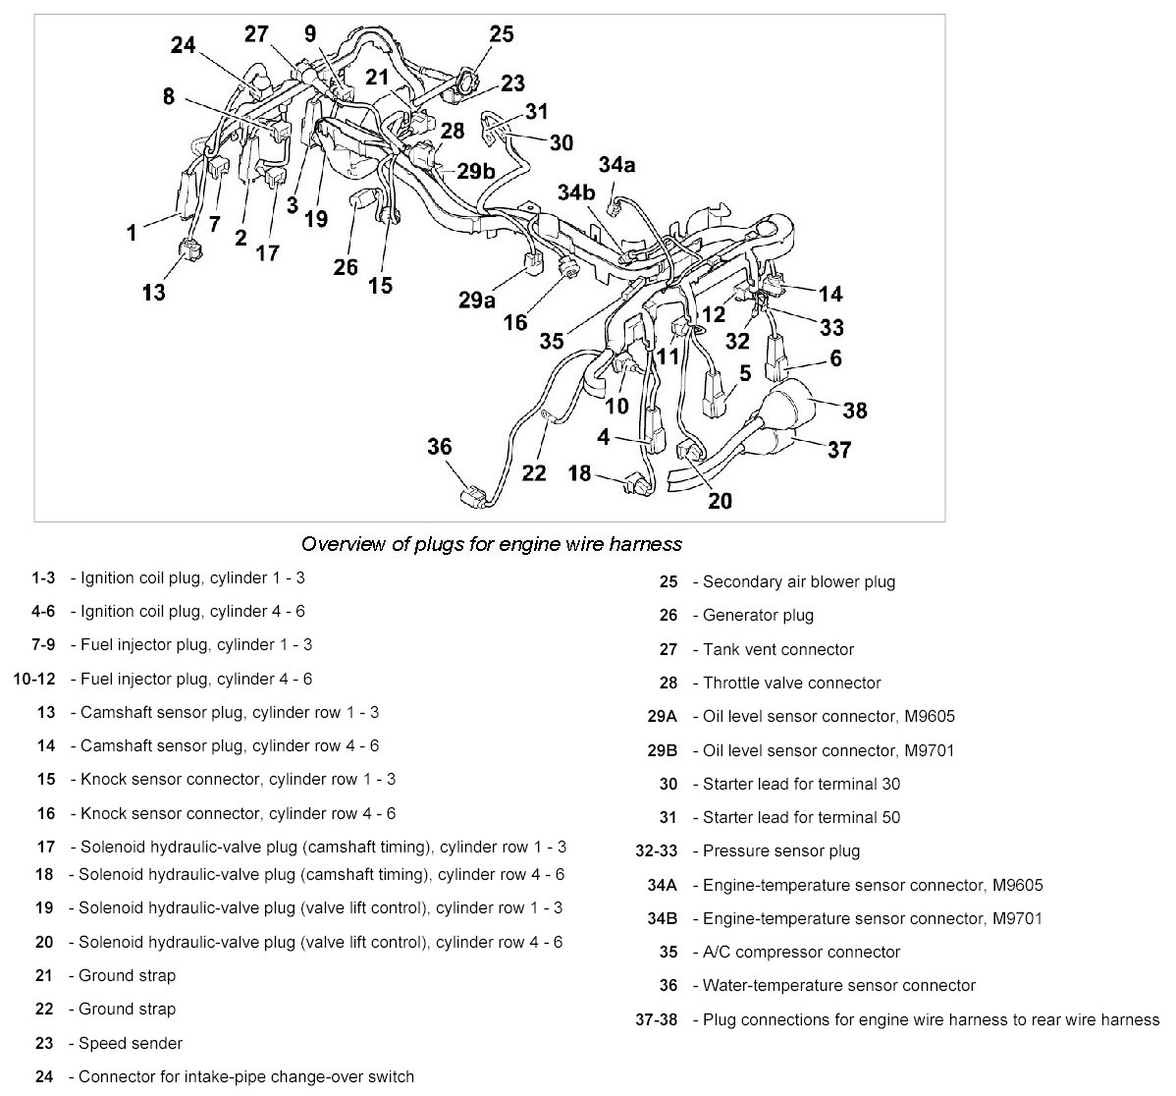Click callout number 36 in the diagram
point(439,447)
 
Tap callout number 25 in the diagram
point(501,35)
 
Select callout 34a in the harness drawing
point(616,165)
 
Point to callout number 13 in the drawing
point(154,292)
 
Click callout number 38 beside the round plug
point(855,410)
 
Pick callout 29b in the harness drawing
point(475,171)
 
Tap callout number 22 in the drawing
point(533,472)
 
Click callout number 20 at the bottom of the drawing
point(720,501)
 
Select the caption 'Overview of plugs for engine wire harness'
point(491,543)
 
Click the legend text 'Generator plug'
point(758,616)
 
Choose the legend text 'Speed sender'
point(131,1043)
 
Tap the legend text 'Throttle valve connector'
point(791,683)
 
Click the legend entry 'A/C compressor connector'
point(801,952)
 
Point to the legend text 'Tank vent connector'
point(778,649)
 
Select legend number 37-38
point(657,1019)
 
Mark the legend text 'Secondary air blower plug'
point(799,581)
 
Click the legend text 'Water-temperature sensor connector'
point(839,985)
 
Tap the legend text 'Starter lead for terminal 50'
point(801,817)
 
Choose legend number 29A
point(663,717)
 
